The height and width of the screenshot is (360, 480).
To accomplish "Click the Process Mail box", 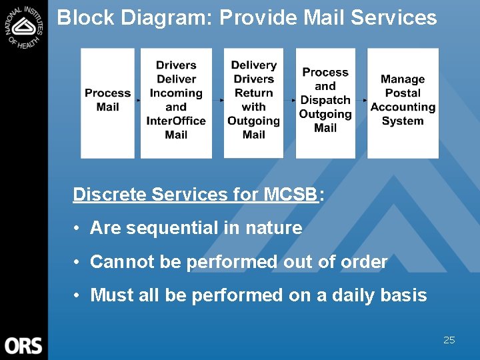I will pos(108,100).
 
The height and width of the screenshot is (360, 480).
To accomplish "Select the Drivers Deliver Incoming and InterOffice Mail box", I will pos(176,100).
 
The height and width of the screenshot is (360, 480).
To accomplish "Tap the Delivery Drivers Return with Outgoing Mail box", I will pos(253,100).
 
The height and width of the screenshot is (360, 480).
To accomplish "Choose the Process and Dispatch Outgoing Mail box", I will pos(325,100).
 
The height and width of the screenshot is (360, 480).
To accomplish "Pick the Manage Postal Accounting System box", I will pos(403,100).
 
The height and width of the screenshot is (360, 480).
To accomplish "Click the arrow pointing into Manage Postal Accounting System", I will pos(363,100).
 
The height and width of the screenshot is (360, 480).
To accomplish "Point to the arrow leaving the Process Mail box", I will pos(137,100).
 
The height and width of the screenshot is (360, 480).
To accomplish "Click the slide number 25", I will pos(449,340).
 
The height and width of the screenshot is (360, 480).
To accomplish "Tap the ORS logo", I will pos(23,345).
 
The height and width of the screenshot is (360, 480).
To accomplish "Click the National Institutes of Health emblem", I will pos(23,26).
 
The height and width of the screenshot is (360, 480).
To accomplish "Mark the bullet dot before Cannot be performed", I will pos(78,262).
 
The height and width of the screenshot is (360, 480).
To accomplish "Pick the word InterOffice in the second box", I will pos(176,121).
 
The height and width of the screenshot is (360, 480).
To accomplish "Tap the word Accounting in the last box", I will pos(403,107).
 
